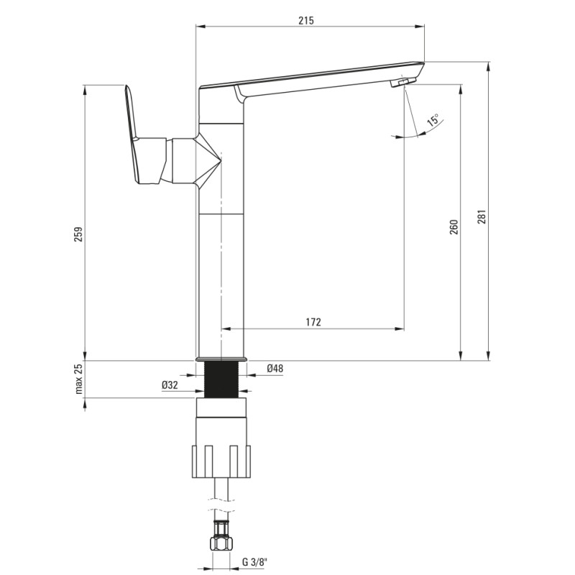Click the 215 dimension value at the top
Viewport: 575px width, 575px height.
point(306,21)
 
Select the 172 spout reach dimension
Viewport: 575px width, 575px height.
point(313,322)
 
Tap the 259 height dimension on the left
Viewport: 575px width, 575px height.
point(79,234)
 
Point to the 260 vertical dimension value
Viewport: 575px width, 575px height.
point(454,227)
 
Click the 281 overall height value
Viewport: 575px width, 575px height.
point(482,217)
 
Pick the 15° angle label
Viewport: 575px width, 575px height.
point(434,120)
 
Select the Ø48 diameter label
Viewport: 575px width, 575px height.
point(275,368)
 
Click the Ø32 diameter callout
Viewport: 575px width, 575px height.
point(170,385)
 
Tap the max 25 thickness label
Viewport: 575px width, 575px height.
point(79,379)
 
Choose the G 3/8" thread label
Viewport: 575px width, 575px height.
point(255,562)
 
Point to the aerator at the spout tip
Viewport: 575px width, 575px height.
point(403,82)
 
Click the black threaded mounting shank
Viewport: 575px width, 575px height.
point(221,379)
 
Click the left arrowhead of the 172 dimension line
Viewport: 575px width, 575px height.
point(226,328)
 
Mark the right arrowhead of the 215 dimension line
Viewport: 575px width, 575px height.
point(420,26)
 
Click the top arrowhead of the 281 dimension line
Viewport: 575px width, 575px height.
point(489,67)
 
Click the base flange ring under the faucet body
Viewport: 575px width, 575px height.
point(221,359)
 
